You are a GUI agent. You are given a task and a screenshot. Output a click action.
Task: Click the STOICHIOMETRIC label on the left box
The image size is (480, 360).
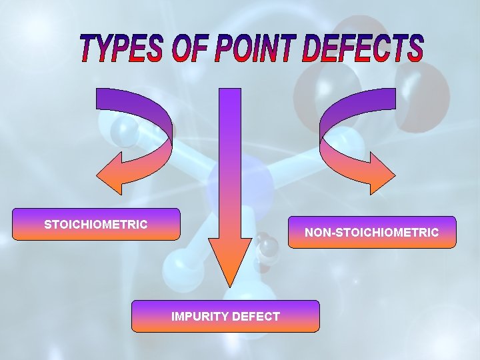(x=96, y=225)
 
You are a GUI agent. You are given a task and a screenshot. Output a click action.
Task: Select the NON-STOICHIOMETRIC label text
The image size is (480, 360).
(x=372, y=233)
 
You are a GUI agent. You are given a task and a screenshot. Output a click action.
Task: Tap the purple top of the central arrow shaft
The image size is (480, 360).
(x=229, y=97)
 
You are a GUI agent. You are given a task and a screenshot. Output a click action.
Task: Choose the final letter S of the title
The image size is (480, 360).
(x=413, y=49)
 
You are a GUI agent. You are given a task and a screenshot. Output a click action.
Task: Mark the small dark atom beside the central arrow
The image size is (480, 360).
(x=268, y=248)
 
